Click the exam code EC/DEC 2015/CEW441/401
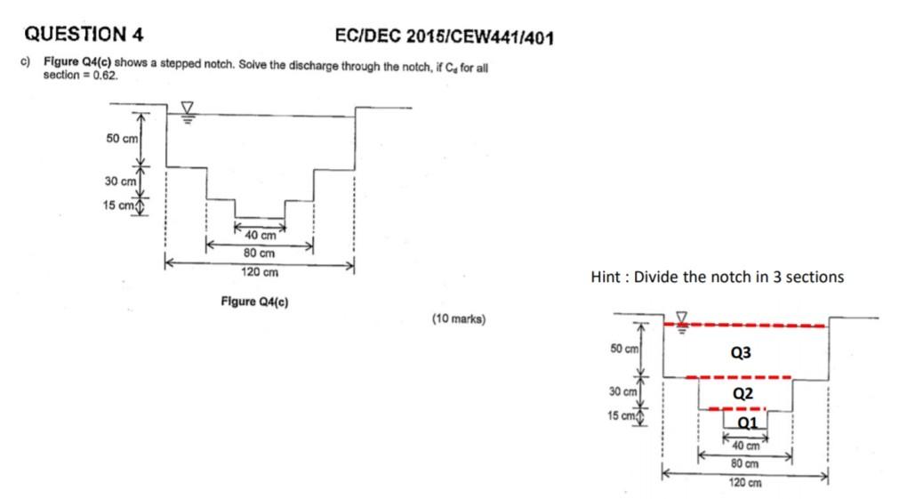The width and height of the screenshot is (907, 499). [445, 37]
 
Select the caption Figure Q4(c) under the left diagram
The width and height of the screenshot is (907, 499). [254, 302]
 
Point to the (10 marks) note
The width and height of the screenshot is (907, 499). [459, 318]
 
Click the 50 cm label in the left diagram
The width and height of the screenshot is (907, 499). [123, 139]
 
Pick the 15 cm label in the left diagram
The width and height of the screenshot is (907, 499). [119, 206]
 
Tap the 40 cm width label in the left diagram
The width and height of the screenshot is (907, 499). [261, 236]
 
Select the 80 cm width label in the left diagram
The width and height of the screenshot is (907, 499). [260, 253]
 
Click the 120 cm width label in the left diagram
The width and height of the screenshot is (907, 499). [260, 271]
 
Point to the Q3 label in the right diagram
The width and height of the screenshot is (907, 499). [741, 353]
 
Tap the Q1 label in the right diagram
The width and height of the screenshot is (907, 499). [748, 422]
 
